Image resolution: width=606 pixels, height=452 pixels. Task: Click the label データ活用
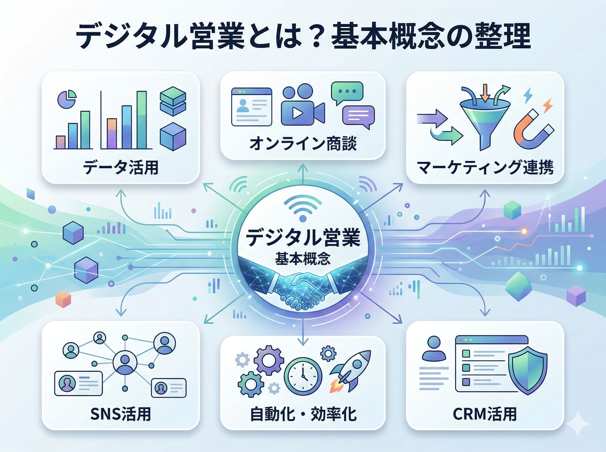point(121,167)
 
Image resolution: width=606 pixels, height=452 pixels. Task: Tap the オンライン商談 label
point(303,143)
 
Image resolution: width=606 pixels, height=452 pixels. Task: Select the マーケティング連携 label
point(485,167)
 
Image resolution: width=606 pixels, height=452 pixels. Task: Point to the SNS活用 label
point(120,414)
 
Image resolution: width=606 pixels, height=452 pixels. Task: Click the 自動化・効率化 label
point(303,414)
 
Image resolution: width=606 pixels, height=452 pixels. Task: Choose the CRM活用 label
point(485,414)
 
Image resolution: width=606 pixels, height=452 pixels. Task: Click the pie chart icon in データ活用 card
point(67,99)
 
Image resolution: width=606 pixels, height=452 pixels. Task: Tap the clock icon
point(303,376)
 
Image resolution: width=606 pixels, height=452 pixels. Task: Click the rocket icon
point(352,369)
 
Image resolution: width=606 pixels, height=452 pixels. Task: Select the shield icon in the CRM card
point(528,370)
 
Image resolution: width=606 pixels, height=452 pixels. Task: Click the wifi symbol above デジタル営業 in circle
point(302,209)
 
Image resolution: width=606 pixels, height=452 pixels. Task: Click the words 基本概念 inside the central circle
point(302,259)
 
